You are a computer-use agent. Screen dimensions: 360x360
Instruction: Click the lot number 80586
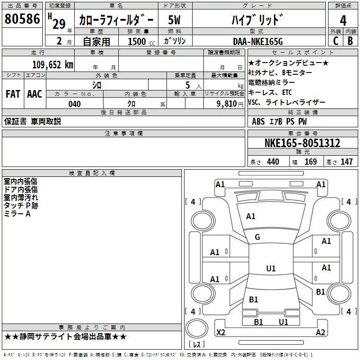tap(22, 20)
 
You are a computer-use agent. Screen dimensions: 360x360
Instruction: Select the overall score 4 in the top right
tap(343, 21)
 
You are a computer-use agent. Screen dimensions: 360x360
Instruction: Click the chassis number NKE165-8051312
tap(302, 143)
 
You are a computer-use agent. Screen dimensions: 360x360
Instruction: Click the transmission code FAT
tap(13, 94)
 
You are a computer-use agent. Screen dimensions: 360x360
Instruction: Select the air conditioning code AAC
tap(35, 94)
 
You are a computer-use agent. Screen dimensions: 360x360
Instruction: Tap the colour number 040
tap(74, 104)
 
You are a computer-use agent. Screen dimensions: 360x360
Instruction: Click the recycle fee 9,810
tap(227, 104)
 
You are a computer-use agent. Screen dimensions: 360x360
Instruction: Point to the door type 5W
tap(174, 20)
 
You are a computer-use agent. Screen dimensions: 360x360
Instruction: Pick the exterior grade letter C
tap(336, 41)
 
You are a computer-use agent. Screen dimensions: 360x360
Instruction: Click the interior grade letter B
tap(350, 41)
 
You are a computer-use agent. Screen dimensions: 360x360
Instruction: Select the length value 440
tap(273, 162)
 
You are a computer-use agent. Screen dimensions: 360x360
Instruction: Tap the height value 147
tap(346, 162)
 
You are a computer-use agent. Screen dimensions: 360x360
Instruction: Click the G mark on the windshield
tap(257, 237)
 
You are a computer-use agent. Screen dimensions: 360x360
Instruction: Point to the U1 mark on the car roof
tap(271, 269)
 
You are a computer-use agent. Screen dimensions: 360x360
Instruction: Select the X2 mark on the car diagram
tap(221, 333)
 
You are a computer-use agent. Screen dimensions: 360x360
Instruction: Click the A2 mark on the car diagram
tap(320, 333)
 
